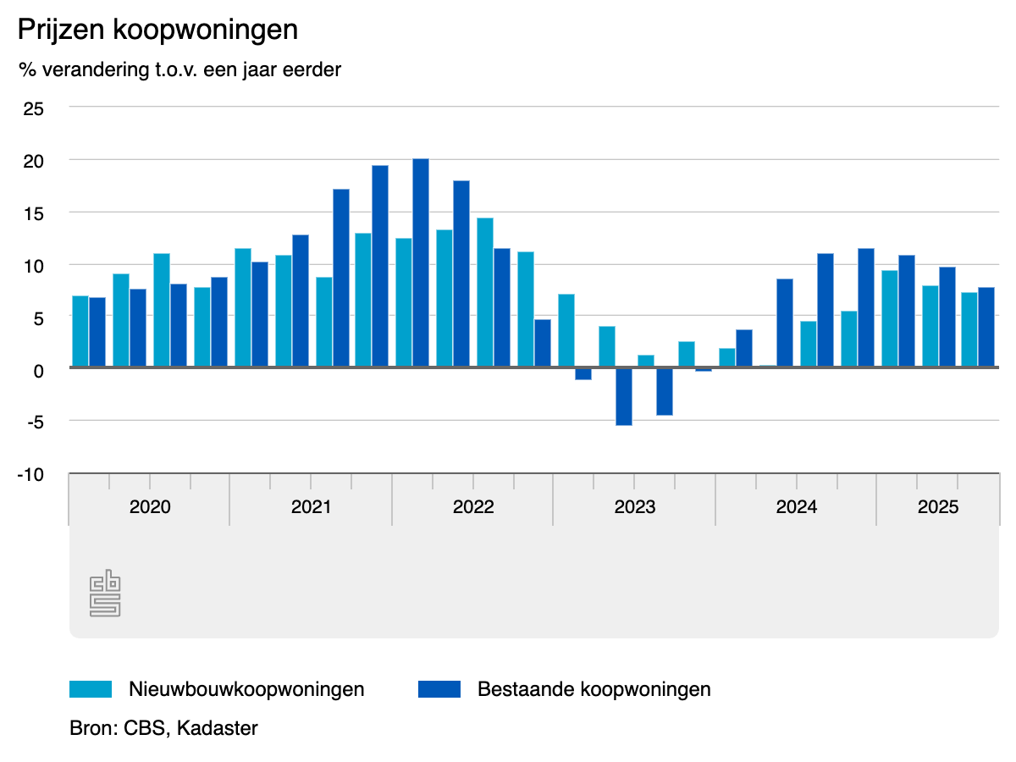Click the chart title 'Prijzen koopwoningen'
click(158, 30)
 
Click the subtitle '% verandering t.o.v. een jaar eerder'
click(179, 69)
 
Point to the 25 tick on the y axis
click(33, 108)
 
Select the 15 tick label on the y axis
click(33, 213)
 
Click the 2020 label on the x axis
click(150, 507)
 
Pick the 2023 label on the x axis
click(635, 507)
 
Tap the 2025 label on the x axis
click(938, 507)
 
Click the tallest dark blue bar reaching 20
click(421, 262)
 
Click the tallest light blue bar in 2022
click(485, 292)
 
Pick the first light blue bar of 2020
click(80, 331)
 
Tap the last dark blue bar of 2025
click(986, 327)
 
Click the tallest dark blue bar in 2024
click(865, 307)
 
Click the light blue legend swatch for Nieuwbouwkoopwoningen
click(91, 689)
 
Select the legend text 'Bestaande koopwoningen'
click(594, 689)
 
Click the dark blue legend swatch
click(439, 689)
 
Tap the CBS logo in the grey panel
click(105, 594)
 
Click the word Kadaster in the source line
click(218, 727)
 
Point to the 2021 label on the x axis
click(312, 507)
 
